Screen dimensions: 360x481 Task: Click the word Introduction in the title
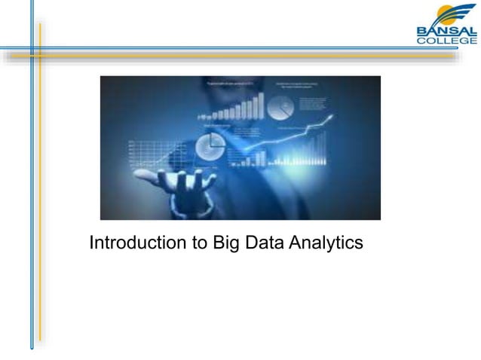coord(133,244)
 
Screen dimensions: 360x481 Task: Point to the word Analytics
coord(325,245)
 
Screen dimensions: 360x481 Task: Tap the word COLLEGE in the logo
coord(447,41)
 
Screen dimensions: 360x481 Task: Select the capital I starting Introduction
coord(91,244)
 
